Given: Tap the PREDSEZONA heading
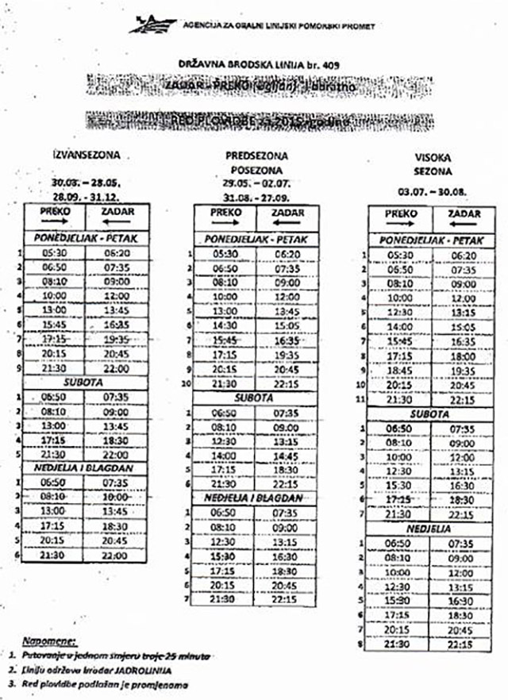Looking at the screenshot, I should tap(256, 156).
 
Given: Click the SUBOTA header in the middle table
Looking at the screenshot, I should tap(254, 397).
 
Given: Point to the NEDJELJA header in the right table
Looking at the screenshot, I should tap(429, 527).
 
